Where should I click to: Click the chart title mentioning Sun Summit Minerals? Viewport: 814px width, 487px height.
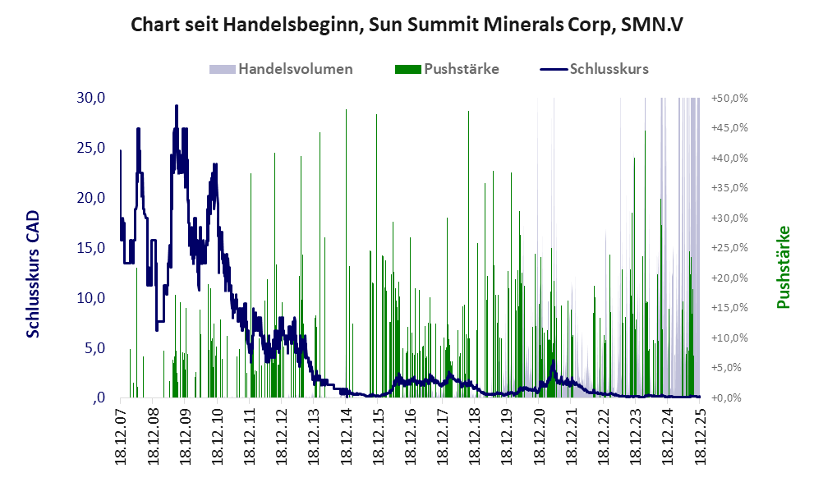coord(407,25)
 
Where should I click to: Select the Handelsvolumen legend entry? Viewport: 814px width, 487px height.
coord(295,69)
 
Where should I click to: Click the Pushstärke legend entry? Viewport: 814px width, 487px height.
coord(461,69)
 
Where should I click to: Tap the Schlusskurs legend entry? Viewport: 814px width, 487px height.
coord(609,69)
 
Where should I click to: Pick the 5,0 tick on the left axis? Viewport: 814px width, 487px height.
coord(94,348)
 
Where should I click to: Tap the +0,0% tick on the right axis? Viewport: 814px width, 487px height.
coord(729,398)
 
